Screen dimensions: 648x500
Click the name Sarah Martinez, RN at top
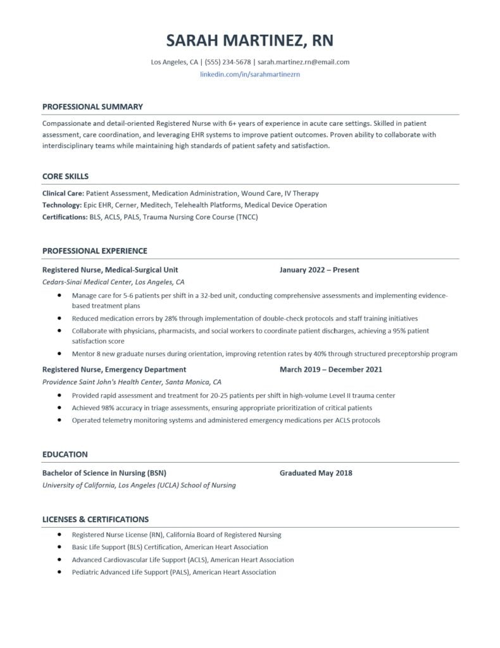tap(249, 41)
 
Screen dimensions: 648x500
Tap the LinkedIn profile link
tap(249, 74)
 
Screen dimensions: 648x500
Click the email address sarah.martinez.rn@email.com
tap(303, 62)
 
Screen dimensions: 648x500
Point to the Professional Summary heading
tap(92, 106)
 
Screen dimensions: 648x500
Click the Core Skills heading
tap(65, 176)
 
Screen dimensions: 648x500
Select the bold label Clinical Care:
tap(63, 193)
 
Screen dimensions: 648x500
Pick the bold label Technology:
tap(62, 205)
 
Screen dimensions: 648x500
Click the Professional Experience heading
tap(94, 251)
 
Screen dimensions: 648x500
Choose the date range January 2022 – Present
tap(319, 270)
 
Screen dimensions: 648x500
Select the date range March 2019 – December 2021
tap(330, 369)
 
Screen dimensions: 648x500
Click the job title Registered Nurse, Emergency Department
tap(114, 369)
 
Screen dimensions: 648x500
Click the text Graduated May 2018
tap(316, 473)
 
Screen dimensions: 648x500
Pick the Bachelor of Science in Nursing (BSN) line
tap(104, 473)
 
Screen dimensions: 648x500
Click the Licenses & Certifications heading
tap(96, 519)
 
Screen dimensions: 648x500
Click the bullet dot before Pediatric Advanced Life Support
tap(59, 571)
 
